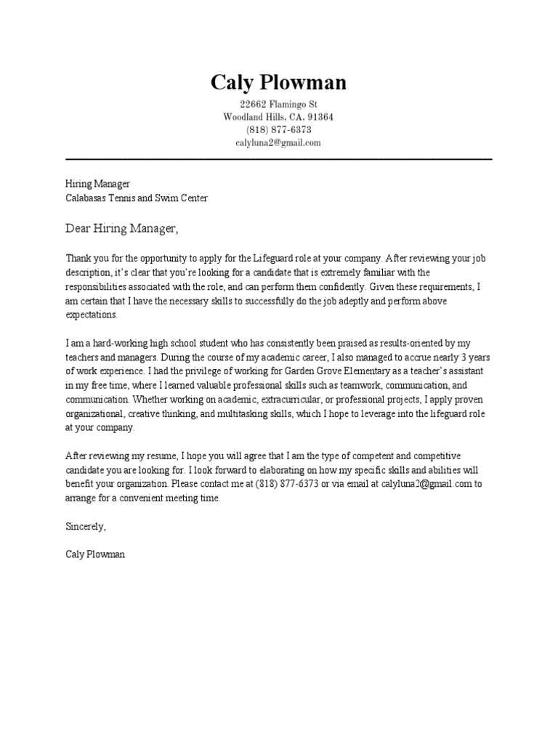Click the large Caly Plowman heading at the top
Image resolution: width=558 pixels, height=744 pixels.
(x=278, y=83)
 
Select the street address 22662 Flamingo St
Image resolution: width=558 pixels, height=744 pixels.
(x=278, y=105)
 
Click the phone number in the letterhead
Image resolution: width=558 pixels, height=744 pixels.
(x=278, y=130)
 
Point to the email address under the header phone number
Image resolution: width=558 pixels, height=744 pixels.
(x=278, y=143)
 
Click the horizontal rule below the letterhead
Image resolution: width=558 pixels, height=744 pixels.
(x=278, y=158)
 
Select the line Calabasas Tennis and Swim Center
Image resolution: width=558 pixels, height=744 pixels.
(x=136, y=198)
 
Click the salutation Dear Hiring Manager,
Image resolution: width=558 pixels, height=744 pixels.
(x=121, y=229)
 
